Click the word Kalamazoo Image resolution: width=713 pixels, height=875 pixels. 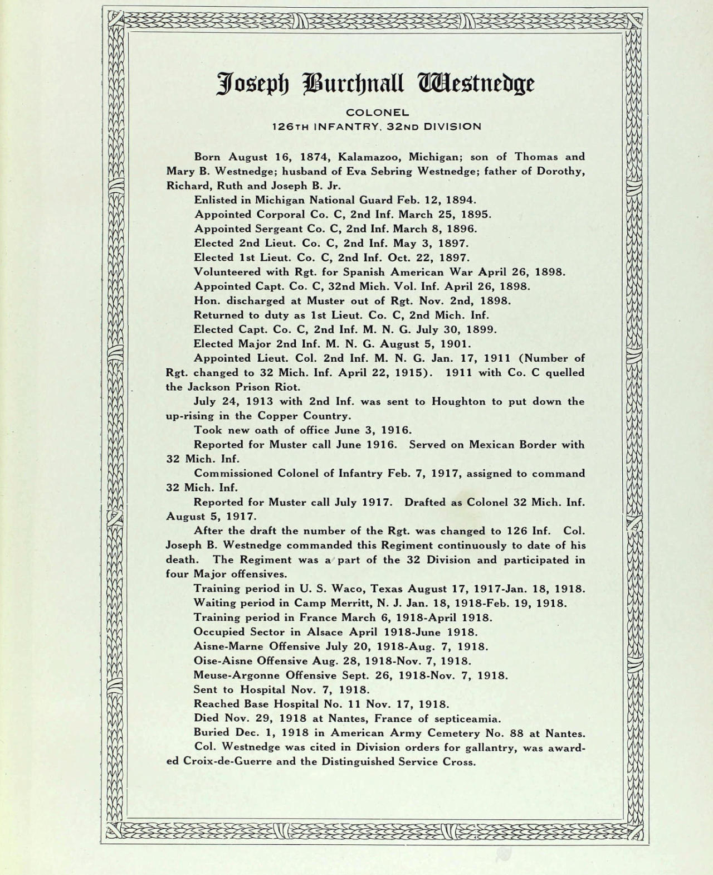(367, 157)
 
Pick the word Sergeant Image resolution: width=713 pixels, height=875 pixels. (280, 229)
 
